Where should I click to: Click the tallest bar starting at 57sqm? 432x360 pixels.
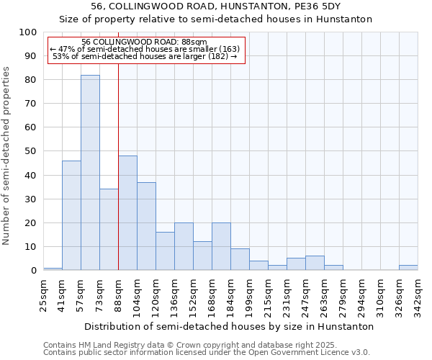click(x=90, y=173)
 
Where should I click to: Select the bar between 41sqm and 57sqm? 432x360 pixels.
click(x=71, y=215)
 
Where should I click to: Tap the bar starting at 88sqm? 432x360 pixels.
click(x=127, y=213)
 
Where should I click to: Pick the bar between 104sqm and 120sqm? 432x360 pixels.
click(x=146, y=226)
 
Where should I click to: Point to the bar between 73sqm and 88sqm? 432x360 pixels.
click(x=109, y=230)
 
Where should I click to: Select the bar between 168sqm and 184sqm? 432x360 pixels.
click(x=221, y=246)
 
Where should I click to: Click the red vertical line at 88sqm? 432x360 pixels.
click(x=118, y=180)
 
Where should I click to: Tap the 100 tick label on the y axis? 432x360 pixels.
click(x=28, y=32)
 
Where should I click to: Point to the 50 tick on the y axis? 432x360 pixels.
click(x=31, y=151)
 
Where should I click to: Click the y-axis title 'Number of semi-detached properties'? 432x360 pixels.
click(x=7, y=156)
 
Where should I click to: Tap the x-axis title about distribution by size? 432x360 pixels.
click(x=229, y=326)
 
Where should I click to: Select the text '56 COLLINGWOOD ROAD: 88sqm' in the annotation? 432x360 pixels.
click(x=144, y=42)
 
